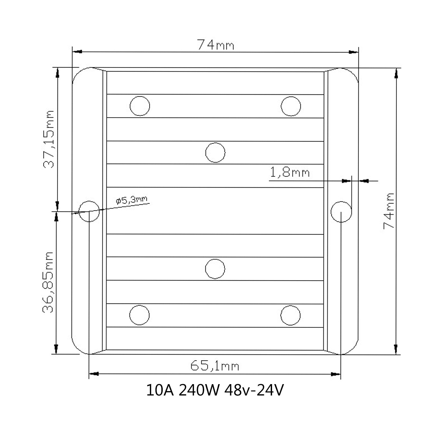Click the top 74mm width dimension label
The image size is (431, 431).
pos(216,45)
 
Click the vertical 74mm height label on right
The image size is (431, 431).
pos(389,211)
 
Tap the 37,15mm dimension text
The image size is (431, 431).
pos(49,139)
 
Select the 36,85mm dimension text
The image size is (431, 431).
pos(48,282)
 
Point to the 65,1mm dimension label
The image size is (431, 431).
pos(215,366)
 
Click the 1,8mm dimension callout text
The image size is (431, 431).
pos(290,172)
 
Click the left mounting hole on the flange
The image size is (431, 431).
pos(89,211)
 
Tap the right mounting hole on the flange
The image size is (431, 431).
pos(341,211)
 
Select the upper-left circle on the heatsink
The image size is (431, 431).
pos(140,106)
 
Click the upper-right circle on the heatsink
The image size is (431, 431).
pos(291,106)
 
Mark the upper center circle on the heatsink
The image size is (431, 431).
pos(215,152)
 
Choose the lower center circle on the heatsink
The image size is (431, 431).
pos(215,269)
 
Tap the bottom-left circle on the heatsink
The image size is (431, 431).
pos(140,315)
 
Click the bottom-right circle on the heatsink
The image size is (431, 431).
pos(290,315)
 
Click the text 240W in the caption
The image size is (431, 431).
pos(198,391)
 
